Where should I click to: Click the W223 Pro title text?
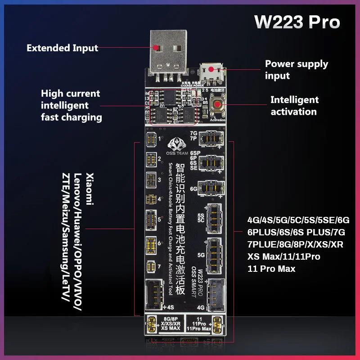pyautogui.click(x=297, y=22)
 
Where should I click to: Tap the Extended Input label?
pyautogui.click(x=62, y=48)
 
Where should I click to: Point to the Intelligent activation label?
pyautogui.click(x=294, y=105)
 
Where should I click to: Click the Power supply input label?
pyautogui.click(x=296, y=69)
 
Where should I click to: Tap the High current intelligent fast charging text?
pyautogui.click(x=71, y=105)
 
